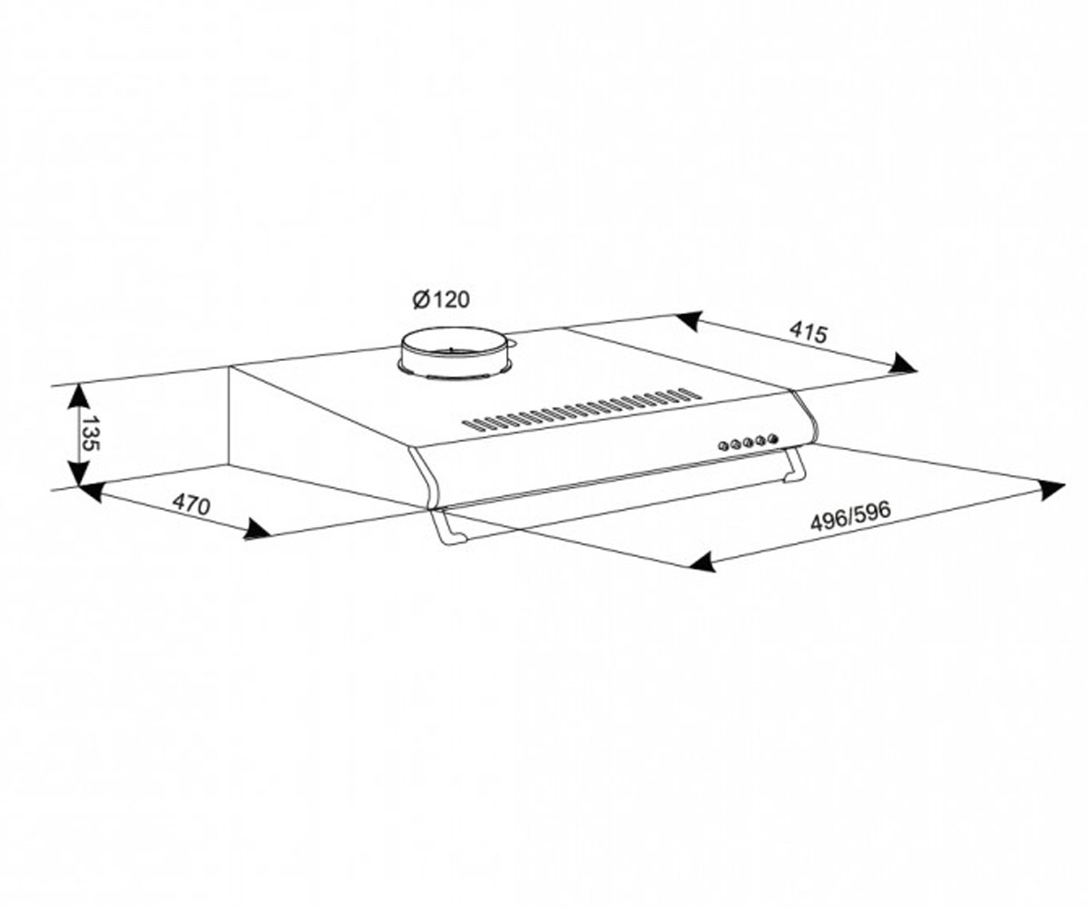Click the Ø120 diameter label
(441, 299)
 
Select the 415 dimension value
(808, 333)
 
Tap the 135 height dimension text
(90, 434)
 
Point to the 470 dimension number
(191, 504)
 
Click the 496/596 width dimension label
(850, 516)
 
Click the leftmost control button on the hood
(723, 445)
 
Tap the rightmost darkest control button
(772, 440)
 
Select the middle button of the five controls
(748, 444)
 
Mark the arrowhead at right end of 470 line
(257, 529)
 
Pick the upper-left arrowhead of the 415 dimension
(690, 320)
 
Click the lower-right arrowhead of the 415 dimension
(903, 364)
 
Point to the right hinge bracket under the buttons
(793, 465)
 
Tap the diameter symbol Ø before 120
(420, 300)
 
